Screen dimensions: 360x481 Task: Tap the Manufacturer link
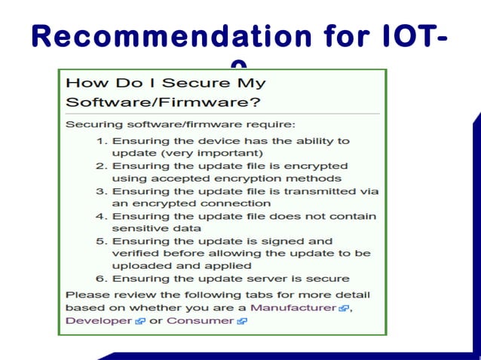293,307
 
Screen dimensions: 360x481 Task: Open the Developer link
98,320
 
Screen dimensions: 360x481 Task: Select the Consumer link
200,320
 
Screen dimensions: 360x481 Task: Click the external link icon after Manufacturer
344,308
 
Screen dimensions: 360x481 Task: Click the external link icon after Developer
139,321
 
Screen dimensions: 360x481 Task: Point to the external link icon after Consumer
241,321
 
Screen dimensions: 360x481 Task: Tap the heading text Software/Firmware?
129,100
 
